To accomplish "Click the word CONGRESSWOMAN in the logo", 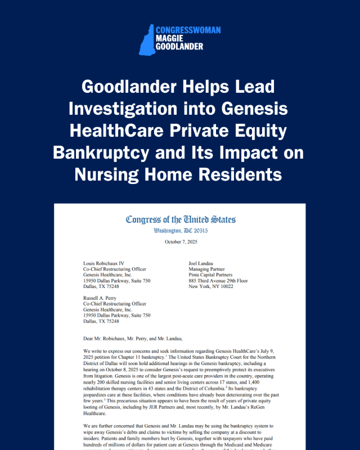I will click(188, 30).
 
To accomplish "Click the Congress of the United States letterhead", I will click(180, 219).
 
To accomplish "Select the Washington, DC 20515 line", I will click(180, 231).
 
